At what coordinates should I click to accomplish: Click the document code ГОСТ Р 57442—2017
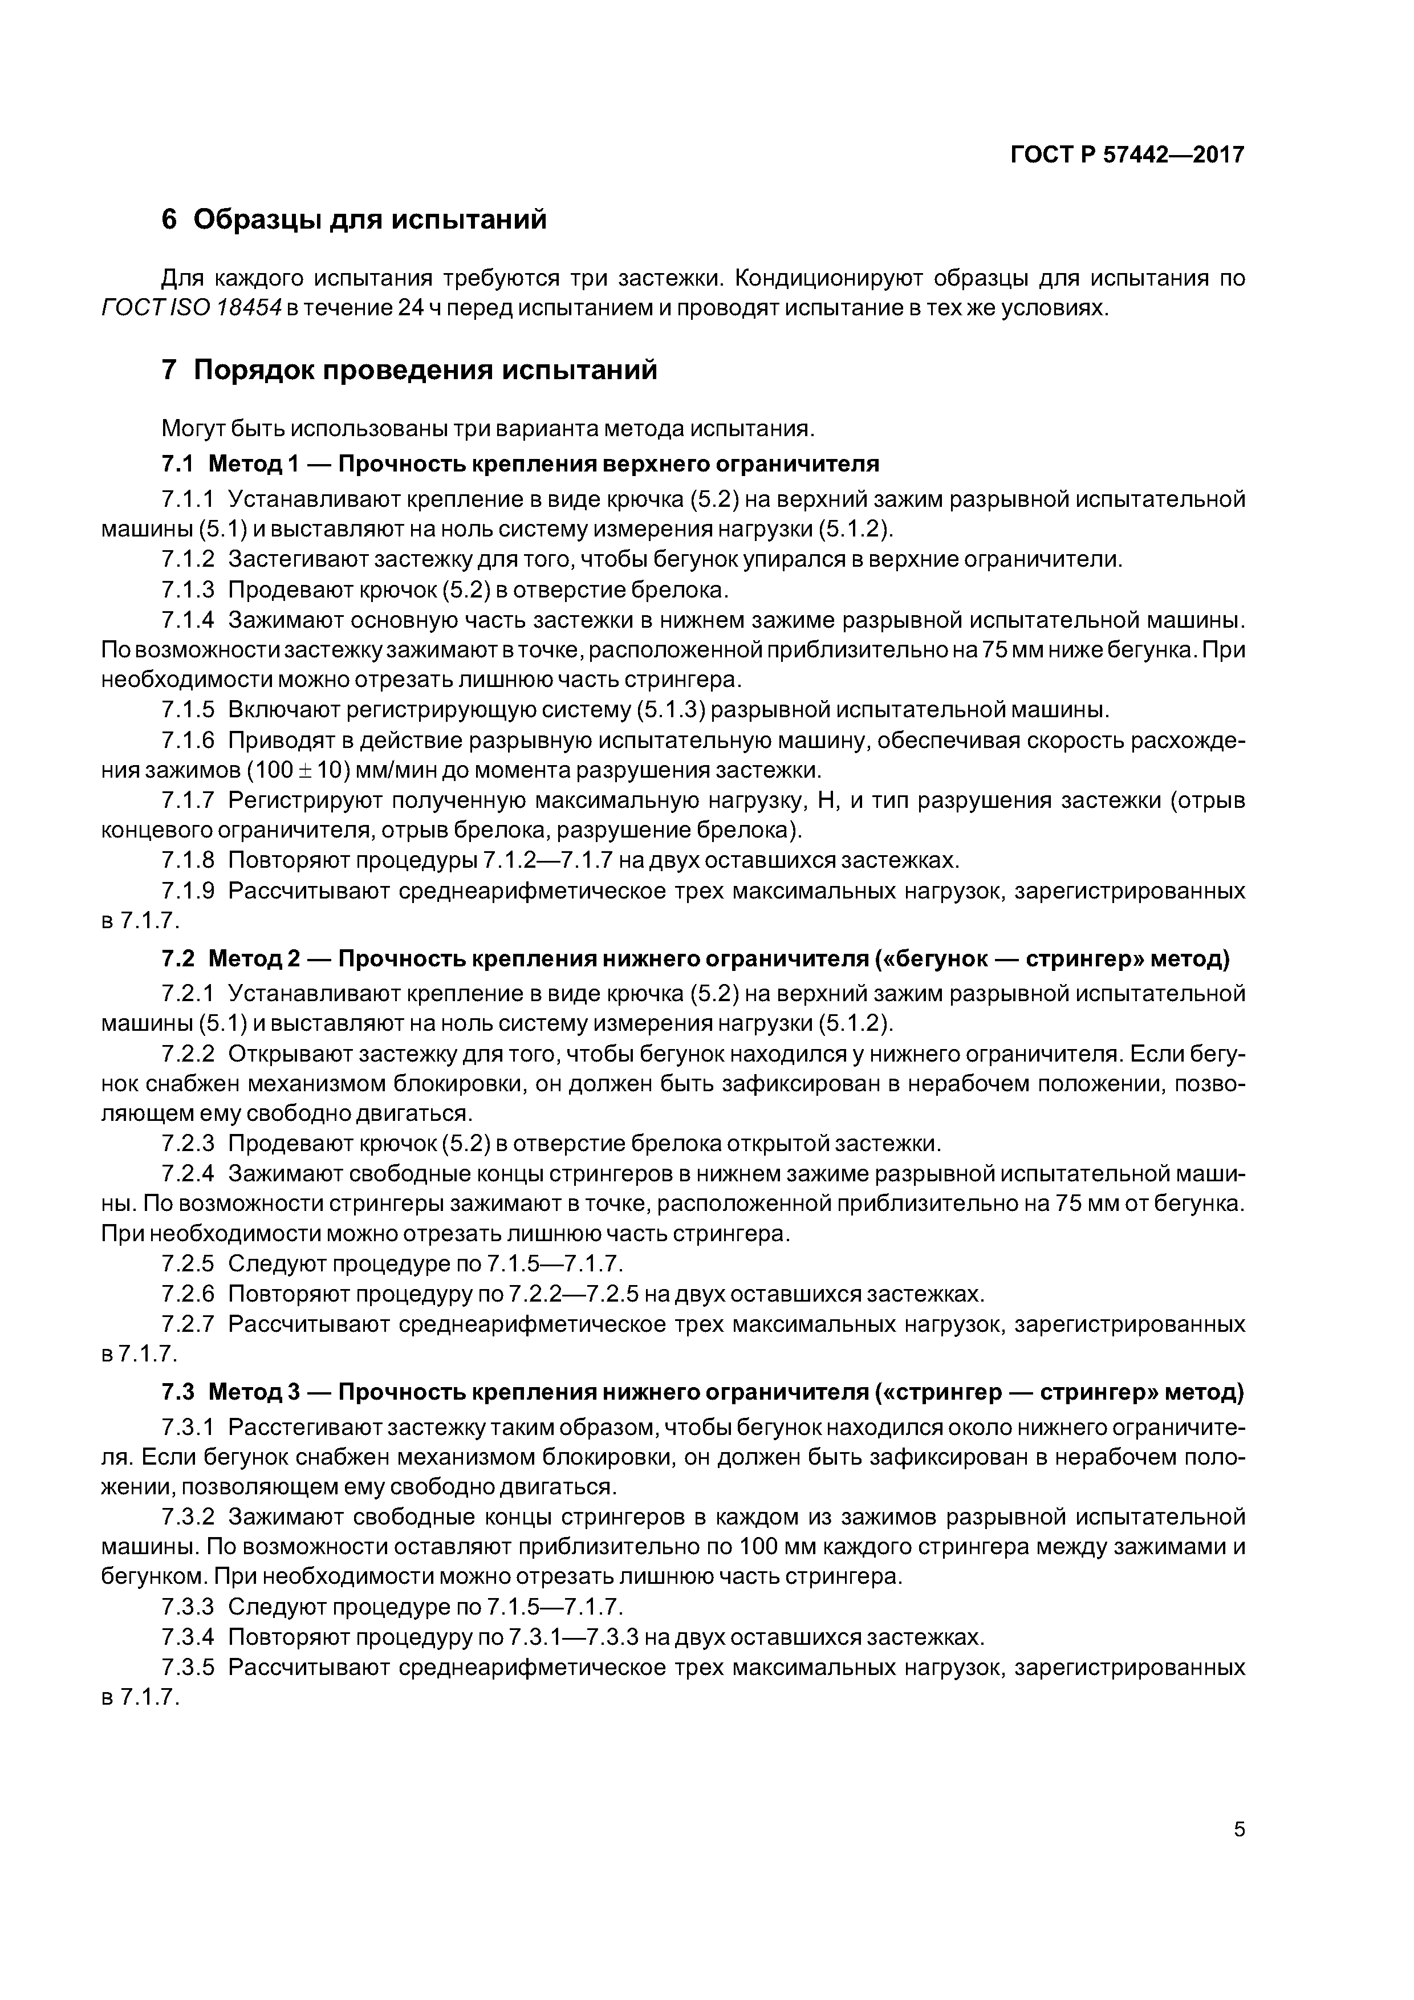pyautogui.click(x=1127, y=155)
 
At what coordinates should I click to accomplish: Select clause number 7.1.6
pyautogui.click(x=188, y=741)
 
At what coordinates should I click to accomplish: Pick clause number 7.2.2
pyautogui.click(x=188, y=1054)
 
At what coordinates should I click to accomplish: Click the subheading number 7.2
pyautogui.click(x=178, y=959)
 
